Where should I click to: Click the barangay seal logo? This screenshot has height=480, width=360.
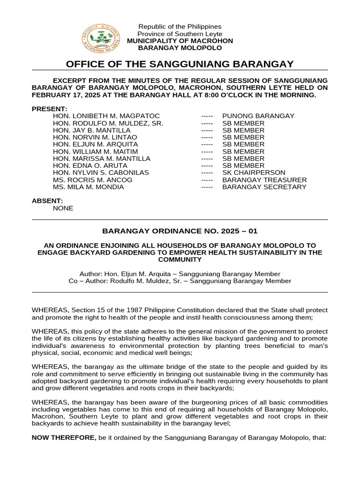tap(100, 39)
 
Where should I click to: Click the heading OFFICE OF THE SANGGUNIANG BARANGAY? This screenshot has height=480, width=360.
tap(180, 64)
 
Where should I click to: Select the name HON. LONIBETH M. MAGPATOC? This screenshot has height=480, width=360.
tap(106, 116)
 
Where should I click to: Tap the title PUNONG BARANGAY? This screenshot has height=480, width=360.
tap(258, 116)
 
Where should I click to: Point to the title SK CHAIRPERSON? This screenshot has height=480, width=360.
tap(254, 172)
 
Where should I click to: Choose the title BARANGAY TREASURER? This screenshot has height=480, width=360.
tap(264, 180)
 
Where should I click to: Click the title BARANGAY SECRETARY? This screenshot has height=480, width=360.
tap(264, 187)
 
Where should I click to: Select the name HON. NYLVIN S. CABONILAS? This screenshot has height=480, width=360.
tap(101, 172)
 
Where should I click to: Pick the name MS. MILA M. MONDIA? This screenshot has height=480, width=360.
tap(89, 187)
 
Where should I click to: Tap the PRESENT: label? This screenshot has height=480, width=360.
tap(49, 109)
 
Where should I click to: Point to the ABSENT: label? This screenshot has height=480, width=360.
tap(47, 201)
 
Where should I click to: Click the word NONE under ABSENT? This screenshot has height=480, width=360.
tap(63, 208)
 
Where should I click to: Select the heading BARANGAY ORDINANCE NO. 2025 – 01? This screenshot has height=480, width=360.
tap(180, 231)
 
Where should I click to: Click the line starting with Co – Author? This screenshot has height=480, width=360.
tap(180, 281)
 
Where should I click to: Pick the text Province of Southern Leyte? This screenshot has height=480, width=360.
tap(180, 34)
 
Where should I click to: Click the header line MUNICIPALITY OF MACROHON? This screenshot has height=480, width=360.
tap(180, 41)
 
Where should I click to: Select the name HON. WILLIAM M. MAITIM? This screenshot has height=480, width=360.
tap(96, 151)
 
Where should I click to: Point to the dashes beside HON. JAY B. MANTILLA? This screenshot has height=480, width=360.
tap(207, 130)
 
